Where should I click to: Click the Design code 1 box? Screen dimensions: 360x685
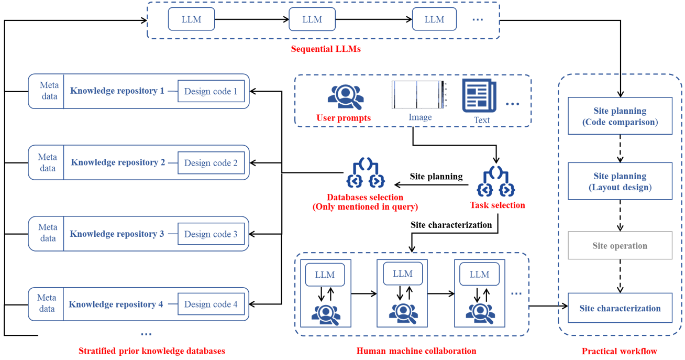pyautogui.click(x=211, y=91)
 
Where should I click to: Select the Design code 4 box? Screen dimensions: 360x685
pyautogui.click(x=211, y=304)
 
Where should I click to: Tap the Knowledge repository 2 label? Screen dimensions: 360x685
pyautogui.click(x=118, y=162)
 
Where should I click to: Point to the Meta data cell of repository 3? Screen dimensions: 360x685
pyautogui.click(x=47, y=233)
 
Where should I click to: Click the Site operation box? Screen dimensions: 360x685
pyautogui.click(x=620, y=246)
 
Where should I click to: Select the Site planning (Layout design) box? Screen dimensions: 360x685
pyautogui.click(x=620, y=181)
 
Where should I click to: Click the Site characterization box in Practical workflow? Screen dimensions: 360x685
pyautogui.click(x=620, y=309)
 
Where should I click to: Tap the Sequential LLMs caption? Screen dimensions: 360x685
pyautogui.click(x=326, y=49)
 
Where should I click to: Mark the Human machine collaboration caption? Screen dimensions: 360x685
pyautogui.click(x=416, y=351)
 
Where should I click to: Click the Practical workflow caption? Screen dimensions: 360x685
pyautogui.click(x=619, y=351)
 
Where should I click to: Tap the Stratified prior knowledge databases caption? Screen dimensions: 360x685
pyautogui.click(x=151, y=351)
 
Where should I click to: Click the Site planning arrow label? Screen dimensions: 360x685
pyautogui.click(x=436, y=177)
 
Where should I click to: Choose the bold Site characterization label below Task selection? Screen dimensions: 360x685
pyautogui.click(x=451, y=225)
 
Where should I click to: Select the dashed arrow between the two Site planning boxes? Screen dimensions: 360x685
pyautogui.click(x=620, y=149)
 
